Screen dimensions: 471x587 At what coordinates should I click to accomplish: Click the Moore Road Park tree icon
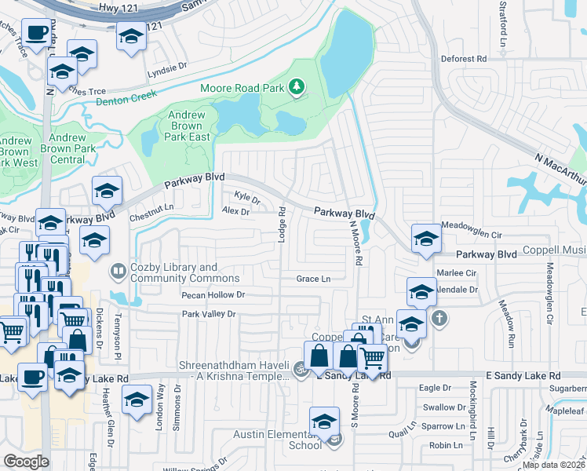pos(297,86)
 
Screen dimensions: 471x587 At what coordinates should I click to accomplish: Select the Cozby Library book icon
pos(118,272)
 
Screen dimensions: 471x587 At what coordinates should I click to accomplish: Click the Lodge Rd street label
pos(281,223)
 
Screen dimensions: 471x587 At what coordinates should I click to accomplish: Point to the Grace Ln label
pos(313,279)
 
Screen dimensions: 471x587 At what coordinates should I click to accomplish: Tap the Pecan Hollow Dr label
pos(213,295)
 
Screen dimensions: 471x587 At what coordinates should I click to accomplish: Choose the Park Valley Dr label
pos(209,314)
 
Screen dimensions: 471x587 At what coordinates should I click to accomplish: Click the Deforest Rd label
pos(464,59)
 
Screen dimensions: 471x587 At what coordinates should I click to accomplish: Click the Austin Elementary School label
pos(279,440)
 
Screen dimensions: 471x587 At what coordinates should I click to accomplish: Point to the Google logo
pos(27,461)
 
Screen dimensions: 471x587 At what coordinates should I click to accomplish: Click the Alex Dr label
pos(235,211)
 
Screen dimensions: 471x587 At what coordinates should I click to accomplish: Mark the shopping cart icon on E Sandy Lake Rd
pos(373,358)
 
